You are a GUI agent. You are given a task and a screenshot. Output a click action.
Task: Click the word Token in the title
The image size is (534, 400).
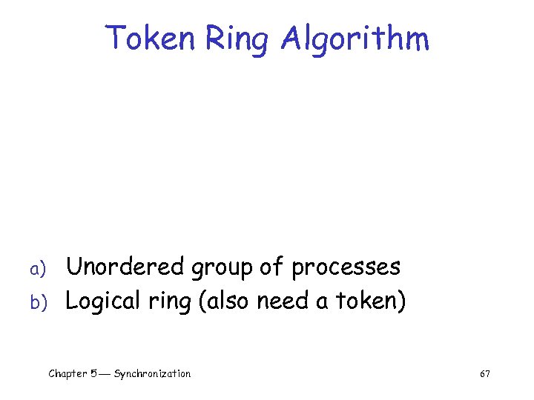point(149,38)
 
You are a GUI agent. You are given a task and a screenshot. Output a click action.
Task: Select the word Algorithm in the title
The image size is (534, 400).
point(355,38)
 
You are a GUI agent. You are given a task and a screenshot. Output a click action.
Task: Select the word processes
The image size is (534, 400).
point(346,268)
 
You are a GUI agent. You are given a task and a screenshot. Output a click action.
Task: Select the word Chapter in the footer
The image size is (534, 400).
point(69,374)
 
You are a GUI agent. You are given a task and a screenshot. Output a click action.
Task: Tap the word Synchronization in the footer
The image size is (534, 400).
point(152,374)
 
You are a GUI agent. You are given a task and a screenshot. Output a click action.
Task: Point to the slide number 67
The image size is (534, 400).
point(485,374)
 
